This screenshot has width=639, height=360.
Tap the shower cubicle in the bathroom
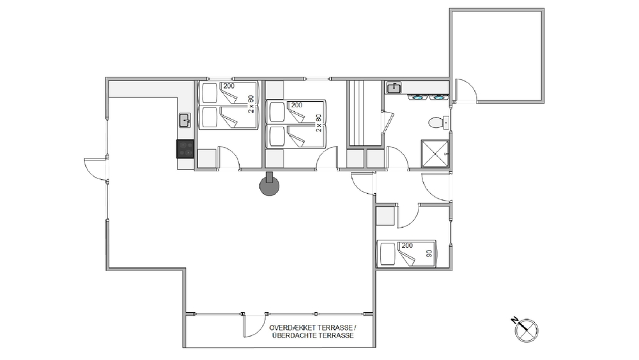tap(435, 153)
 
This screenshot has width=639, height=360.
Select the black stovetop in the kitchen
tap(185, 149)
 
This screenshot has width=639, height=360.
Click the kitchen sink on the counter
tap(185, 121)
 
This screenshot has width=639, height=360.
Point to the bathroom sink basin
tap(394, 88)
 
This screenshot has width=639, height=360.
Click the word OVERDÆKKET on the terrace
tap(292, 328)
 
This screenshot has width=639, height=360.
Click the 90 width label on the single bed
tap(429, 253)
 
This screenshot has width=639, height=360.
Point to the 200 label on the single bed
tap(407, 246)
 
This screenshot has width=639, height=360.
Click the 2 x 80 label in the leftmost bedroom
tap(250, 104)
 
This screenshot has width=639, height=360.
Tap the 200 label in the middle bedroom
tap(296, 106)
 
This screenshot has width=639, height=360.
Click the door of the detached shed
tap(466, 90)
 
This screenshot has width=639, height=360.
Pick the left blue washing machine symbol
tap(417, 97)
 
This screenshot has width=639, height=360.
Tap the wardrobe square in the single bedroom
tap(385, 216)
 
